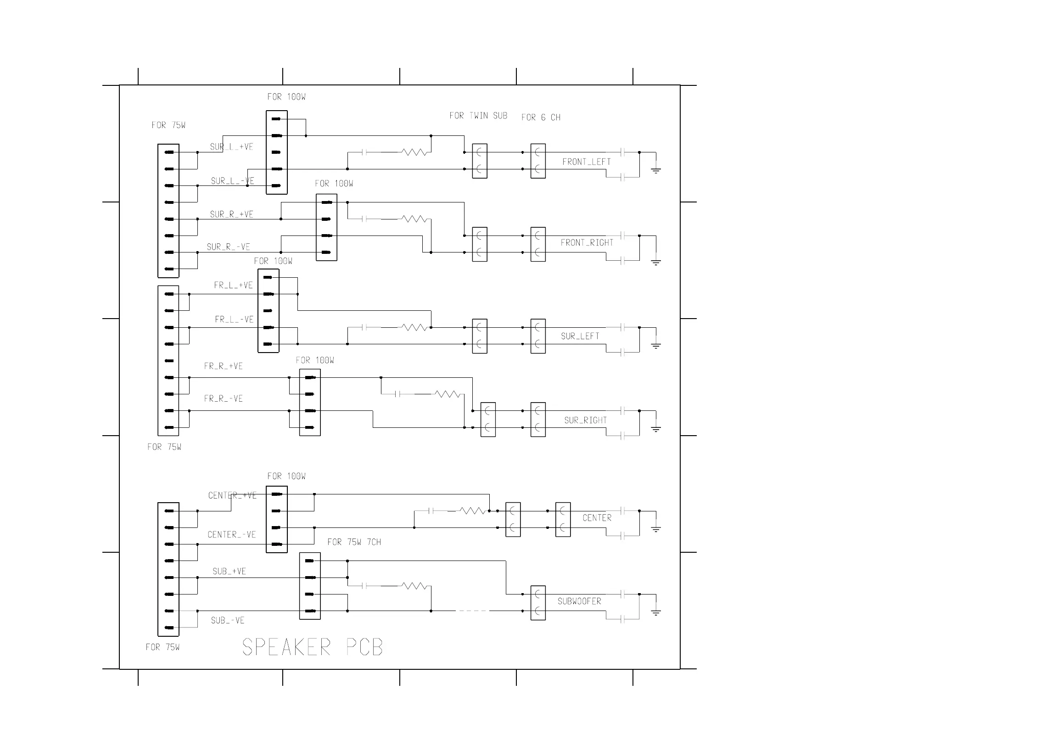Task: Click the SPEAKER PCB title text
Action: pos(312,647)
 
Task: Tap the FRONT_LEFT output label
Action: pos(586,162)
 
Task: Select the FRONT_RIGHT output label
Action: pos(587,242)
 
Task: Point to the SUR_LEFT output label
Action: pos(580,336)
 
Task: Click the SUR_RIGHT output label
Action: pos(585,420)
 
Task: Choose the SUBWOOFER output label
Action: pos(579,601)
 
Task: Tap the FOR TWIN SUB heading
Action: pos(478,116)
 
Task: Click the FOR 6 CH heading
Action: pos(541,118)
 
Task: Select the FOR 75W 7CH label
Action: pos(354,542)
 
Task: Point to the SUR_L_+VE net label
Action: pos(231,147)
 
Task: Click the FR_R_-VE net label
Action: pos(223,398)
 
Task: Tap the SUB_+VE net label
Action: pos(229,571)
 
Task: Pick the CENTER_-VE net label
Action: pos(231,534)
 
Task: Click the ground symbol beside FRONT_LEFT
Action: pos(656,170)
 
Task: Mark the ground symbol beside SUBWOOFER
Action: pos(656,612)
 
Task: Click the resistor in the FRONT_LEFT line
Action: pos(414,152)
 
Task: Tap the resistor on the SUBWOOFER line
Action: pos(414,586)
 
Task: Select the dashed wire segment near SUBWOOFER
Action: pos(472,611)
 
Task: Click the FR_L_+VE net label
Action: pos(233,285)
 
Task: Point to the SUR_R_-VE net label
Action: pos(228,247)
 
